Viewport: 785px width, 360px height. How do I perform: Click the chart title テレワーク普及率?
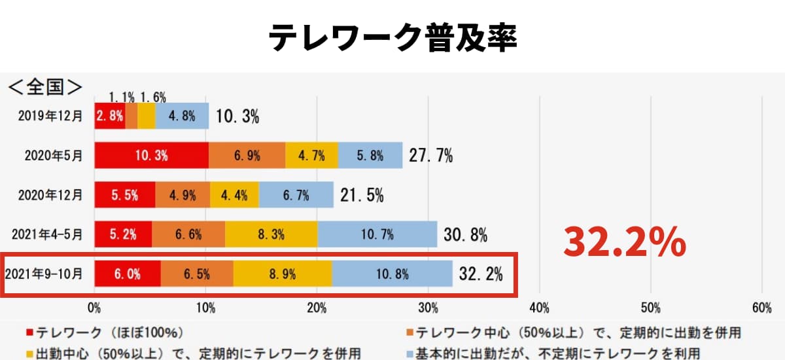click(x=392, y=38)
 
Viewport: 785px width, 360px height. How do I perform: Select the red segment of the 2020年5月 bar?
click(x=151, y=155)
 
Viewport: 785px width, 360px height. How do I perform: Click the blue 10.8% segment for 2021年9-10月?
click(x=392, y=274)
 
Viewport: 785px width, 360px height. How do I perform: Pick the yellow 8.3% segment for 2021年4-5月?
click(x=271, y=234)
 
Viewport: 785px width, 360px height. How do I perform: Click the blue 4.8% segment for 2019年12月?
click(x=182, y=116)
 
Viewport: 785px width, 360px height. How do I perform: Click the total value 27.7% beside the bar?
click(x=431, y=156)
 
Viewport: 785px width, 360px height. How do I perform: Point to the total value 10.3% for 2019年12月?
click(x=237, y=117)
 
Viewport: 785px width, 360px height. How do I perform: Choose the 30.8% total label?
click(x=465, y=235)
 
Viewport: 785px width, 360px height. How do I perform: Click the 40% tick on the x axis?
click(x=539, y=308)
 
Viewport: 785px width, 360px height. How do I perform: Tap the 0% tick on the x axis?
click(x=94, y=308)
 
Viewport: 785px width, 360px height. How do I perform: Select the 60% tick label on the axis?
click(x=762, y=308)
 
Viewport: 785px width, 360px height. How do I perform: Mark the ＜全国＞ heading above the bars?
click(x=44, y=86)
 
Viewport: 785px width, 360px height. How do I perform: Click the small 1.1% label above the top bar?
click(x=122, y=97)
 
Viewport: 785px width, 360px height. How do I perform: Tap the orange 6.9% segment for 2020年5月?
click(x=247, y=155)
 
